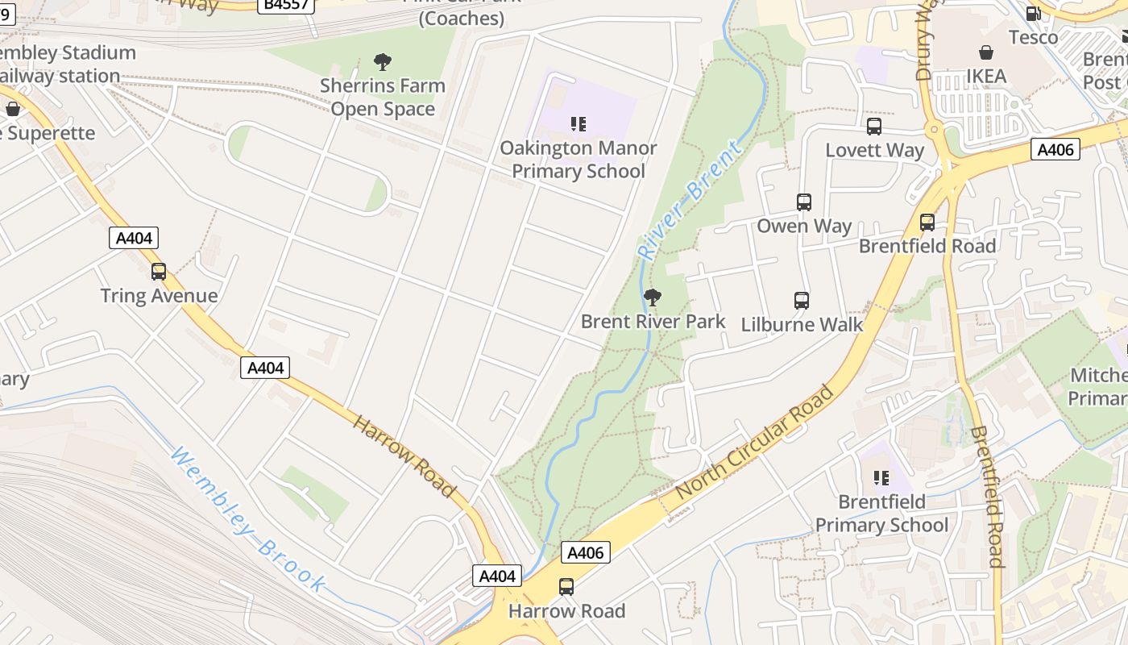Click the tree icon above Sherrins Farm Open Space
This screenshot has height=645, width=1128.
click(x=383, y=61)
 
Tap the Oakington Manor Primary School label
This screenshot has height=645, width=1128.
click(x=578, y=160)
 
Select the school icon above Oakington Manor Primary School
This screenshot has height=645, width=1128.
click(x=578, y=124)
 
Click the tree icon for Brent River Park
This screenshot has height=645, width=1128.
click(x=653, y=298)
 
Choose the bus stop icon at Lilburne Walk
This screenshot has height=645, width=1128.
click(x=801, y=301)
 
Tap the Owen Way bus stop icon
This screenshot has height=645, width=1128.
click(x=803, y=202)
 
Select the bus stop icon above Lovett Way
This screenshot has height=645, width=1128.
click(x=874, y=127)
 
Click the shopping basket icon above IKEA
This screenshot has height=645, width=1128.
click(x=985, y=52)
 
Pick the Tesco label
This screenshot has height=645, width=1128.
click(x=1033, y=37)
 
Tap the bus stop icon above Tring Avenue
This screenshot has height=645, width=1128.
click(x=159, y=272)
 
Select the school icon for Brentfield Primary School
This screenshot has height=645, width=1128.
click(x=881, y=478)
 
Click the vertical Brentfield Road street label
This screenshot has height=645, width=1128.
click(x=985, y=497)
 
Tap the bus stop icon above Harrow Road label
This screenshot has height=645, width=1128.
click(x=566, y=587)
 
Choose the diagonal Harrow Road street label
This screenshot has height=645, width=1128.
click(x=404, y=456)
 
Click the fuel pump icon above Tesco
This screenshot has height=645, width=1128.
click(x=1033, y=13)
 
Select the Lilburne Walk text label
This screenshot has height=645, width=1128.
click(x=801, y=325)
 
